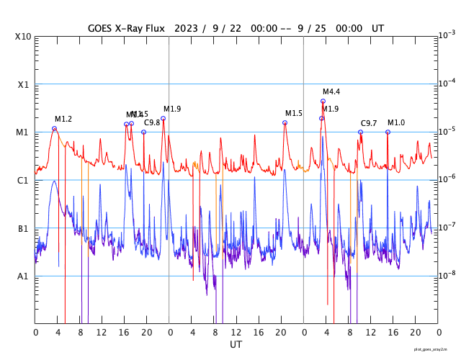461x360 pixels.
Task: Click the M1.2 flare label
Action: pos(63,119)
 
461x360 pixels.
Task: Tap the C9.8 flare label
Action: pos(152,123)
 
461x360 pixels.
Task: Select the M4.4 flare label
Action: pos(331,91)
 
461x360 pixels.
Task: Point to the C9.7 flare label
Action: pos(369,124)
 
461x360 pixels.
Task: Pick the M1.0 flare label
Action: pos(396,123)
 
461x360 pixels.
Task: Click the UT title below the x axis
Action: pos(236,345)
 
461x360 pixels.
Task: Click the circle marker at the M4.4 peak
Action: pos(323,102)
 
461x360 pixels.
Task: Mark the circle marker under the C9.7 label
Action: pos(360,132)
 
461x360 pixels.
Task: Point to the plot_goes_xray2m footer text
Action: pos(435,349)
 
